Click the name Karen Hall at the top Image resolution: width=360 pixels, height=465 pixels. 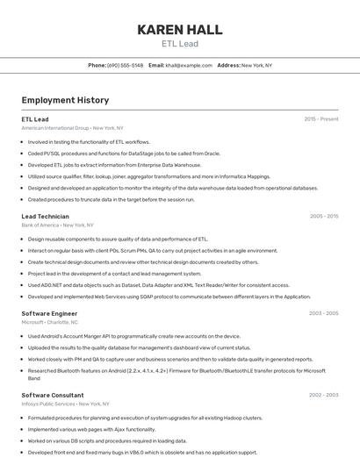click(179, 29)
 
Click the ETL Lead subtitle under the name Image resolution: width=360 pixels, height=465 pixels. click(179, 43)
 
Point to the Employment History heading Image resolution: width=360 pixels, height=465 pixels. click(65, 100)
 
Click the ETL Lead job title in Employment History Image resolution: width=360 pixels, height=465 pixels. click(35, 118)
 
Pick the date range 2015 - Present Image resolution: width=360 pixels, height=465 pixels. click(321, 118)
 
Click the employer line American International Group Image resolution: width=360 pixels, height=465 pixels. click(72, 127)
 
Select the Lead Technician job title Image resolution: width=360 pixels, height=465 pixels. click(45, 216)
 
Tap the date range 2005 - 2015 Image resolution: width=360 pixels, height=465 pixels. click(324, 216)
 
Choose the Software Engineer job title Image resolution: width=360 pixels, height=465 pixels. click(49, 313)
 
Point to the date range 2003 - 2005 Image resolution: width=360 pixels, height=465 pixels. click(324, 313)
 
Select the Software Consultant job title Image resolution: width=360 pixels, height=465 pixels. click(53, 396)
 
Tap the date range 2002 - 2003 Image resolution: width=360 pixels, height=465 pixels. click(324, 396)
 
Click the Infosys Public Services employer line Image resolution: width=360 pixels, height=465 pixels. click(65, 404)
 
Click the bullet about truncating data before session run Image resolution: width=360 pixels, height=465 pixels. click(111, 199)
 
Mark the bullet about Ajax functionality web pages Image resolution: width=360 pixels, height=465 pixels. click(91, 429)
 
